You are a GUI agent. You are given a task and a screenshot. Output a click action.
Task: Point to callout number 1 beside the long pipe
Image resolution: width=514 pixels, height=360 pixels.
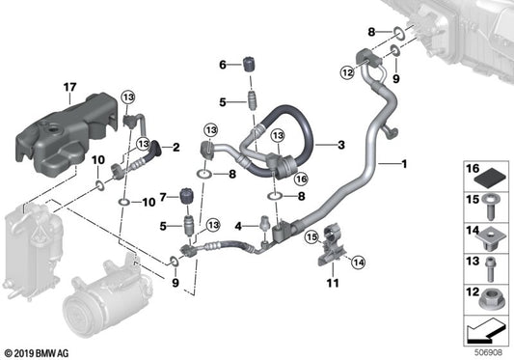[404, 164]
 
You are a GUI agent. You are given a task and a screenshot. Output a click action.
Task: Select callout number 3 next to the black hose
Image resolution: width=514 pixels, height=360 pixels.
[340, 145]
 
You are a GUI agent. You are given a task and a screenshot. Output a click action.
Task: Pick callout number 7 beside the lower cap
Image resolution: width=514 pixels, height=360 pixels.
[164, 198]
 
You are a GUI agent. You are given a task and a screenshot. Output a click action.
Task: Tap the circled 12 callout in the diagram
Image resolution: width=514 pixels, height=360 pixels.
[346, 70]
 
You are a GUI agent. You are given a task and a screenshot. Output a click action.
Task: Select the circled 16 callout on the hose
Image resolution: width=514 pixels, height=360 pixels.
[300, 178]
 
